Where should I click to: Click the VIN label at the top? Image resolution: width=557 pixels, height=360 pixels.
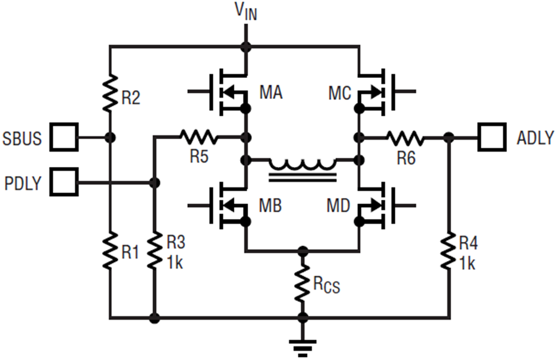(246, 12)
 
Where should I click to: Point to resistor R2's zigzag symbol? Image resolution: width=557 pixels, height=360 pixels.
(110, 92)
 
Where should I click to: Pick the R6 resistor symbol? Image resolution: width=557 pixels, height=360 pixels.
(405, 137)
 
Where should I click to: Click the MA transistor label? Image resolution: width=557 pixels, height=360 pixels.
(270, 94)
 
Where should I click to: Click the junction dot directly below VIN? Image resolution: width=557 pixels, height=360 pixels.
(246, 46)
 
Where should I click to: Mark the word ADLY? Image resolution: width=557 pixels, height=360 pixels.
(535, 138)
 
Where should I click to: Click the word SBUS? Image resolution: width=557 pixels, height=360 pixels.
(24, 138)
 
